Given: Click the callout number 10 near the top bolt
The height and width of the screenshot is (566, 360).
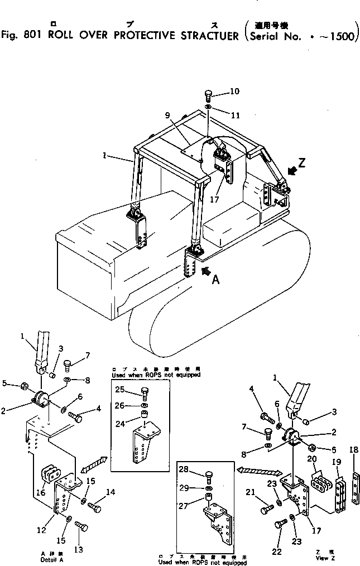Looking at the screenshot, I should (x=234, y=91).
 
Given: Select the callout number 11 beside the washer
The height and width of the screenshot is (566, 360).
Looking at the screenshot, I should (x=235, y=116).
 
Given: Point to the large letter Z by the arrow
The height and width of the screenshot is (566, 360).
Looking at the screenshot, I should (x=302, y=163).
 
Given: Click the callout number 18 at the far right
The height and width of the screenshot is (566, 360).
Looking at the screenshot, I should (x=353, y=450).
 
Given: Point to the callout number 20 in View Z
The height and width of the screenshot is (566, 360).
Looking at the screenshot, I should (x=312, y=459).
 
